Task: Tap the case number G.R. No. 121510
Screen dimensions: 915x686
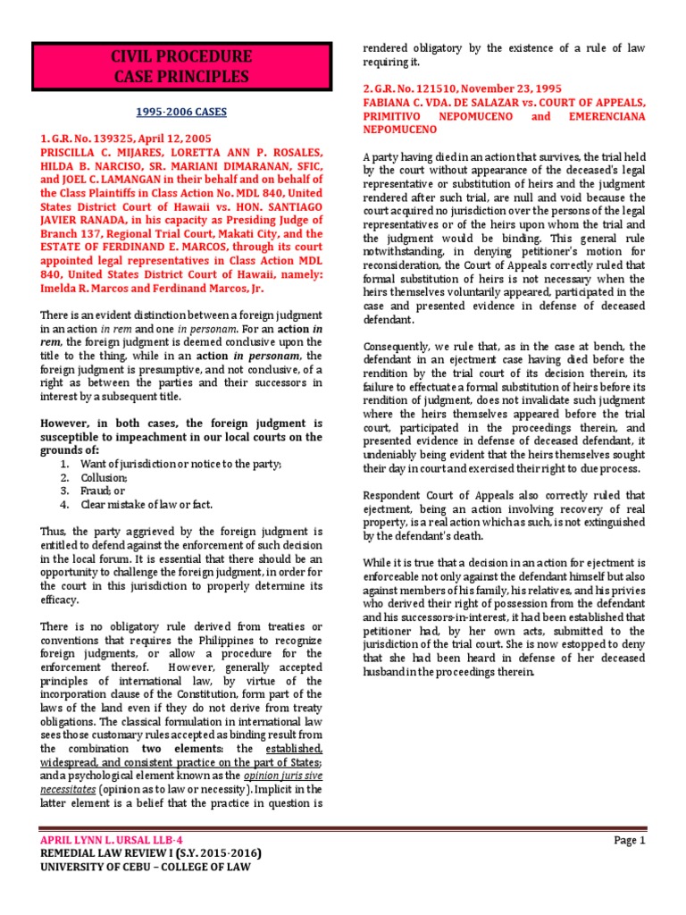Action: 418,89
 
